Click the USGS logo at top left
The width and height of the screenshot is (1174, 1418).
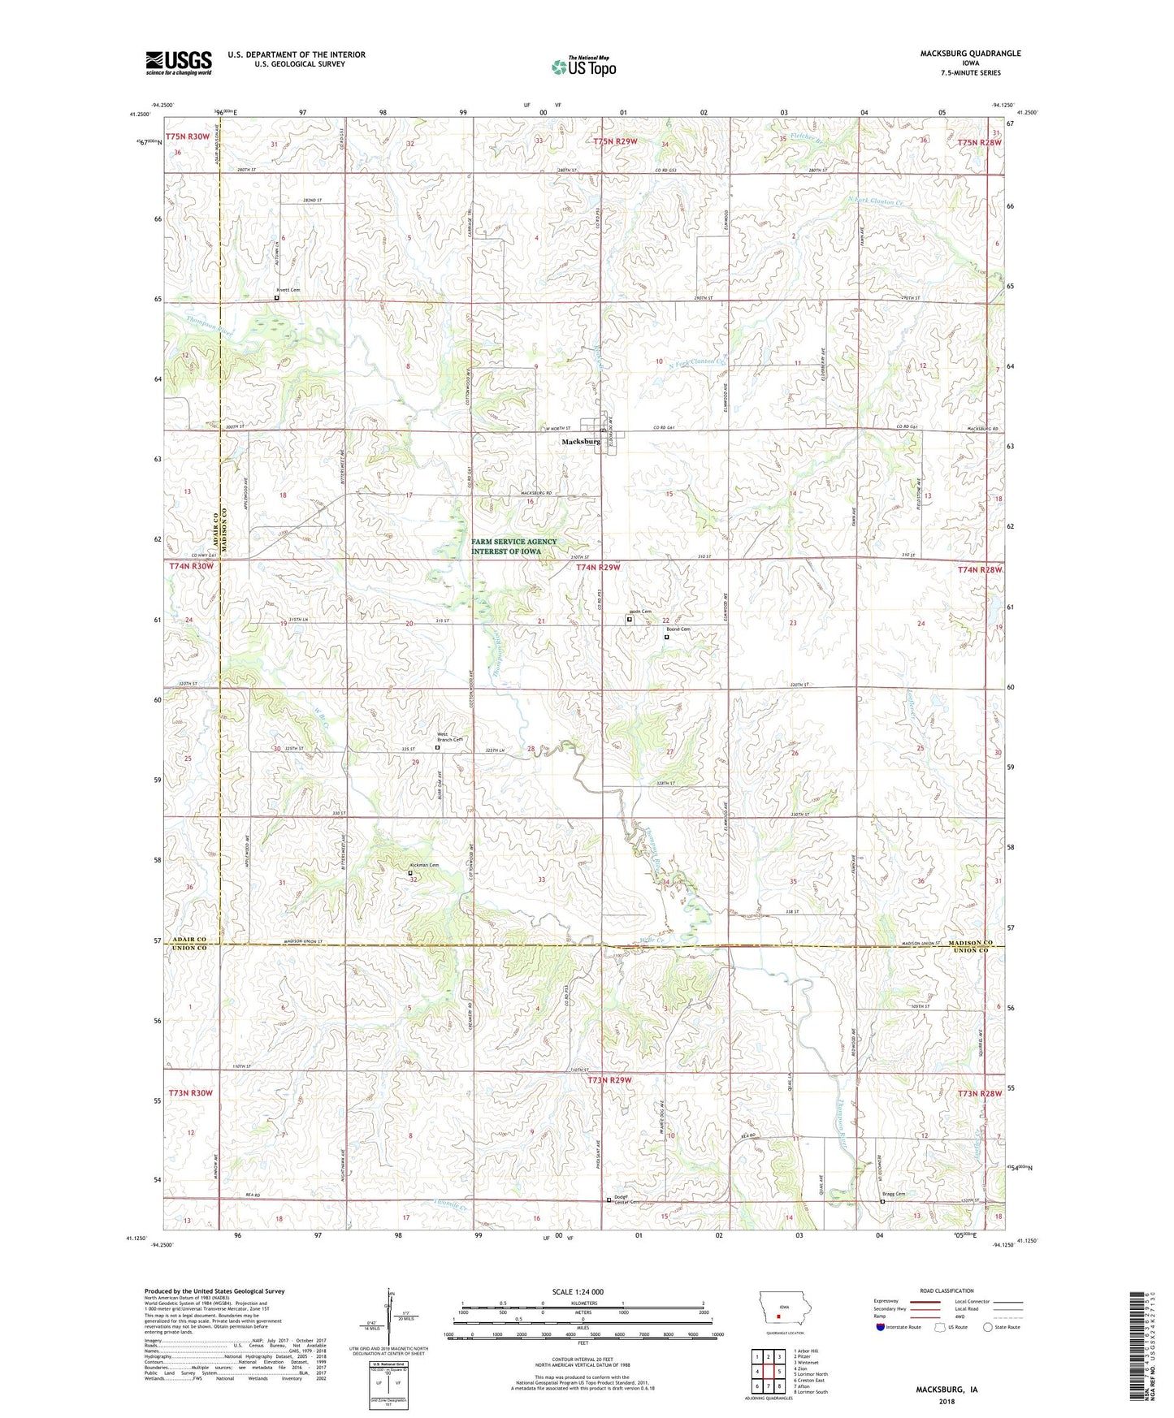pos(178,63)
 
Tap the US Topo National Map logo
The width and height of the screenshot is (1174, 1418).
pos(583,67)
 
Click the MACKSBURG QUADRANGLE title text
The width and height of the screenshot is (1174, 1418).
pos(970,54)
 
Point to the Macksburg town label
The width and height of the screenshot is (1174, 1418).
pos(581,442)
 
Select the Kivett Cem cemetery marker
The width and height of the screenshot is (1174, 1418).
pos(276,298)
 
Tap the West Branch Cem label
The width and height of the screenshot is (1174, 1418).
pos(449,737)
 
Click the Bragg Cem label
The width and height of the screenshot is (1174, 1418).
pos(894,1194)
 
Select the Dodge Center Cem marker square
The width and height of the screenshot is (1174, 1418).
pos(609,1200)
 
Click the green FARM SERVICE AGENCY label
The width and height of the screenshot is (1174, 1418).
pos(514,547)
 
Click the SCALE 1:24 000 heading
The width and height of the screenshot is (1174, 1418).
pos(577,1292)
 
